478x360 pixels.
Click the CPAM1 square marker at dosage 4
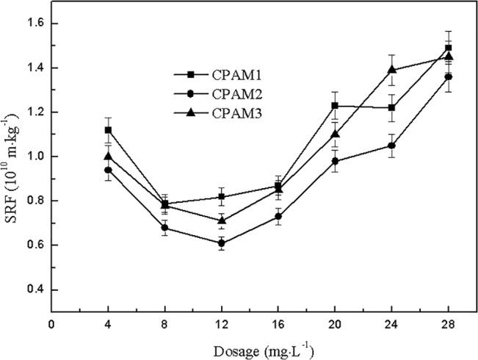tap(108, 130)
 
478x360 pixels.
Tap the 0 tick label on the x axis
tap(51, 324)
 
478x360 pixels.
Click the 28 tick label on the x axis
tap(449, 324)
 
